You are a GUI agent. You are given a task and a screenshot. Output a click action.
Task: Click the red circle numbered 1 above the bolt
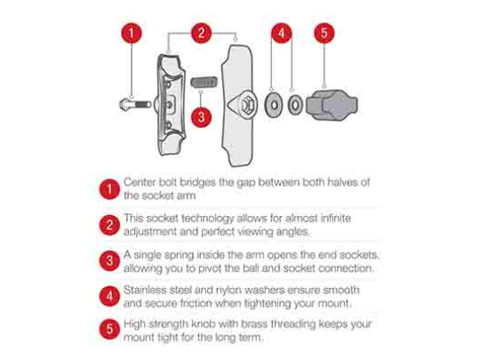pyautogui.click(x=132, y=33)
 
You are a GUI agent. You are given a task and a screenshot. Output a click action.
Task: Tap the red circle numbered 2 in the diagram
pyautogui.click(x=201, y=33)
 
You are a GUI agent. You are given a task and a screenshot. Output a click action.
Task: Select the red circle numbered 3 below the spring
pyautogui.click(x=201, y=117)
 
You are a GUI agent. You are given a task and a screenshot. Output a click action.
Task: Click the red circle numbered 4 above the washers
pyautogui.click(x=281, y=33)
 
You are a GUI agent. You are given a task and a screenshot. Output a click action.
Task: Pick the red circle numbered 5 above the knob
pyautogui.click(x=324, y=33)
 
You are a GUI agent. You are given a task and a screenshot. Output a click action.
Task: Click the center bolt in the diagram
pyautogui.click(x=135, y=105)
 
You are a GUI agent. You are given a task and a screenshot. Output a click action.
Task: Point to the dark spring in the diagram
pyautogui.click(x=204, y=82)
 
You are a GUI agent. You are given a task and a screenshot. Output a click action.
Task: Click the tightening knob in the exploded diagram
pyautogui.click(x=332, y=105)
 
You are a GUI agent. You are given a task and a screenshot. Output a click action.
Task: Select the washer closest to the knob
pyautogui.click(x=295, y=105)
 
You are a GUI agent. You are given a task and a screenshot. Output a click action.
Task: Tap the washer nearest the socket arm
pyautogui.click(x=274, y=105)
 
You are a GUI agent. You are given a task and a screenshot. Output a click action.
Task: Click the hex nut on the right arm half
pyautogui.click(x=247, y=105)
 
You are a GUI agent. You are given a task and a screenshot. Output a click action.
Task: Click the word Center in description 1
pyautogui.click(x=140, y=182)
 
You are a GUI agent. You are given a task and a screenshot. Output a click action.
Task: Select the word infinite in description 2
pyautogui.click(x=336, y=219)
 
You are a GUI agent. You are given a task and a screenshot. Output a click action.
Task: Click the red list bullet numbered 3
pyautogui.click(x=109, y=260)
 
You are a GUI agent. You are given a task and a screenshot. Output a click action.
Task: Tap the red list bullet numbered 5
pyautogui.click(x=109, y=330)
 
